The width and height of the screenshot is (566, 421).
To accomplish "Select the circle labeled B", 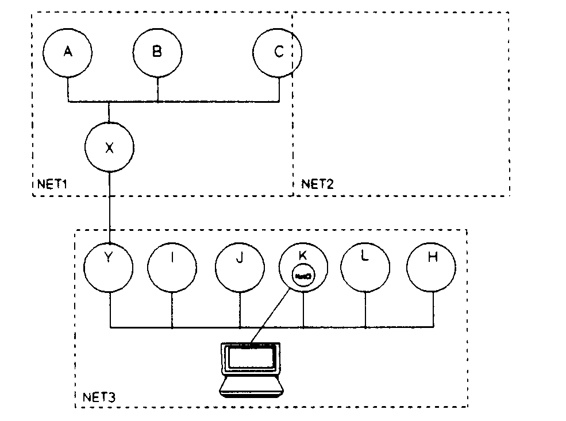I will (157, 52).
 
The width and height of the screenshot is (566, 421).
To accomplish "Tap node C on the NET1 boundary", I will (278, 52).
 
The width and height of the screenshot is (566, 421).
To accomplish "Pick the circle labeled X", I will (109, 148).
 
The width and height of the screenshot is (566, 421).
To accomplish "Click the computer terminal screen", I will (251, 358).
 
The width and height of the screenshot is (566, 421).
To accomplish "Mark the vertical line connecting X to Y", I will (109, 207).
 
